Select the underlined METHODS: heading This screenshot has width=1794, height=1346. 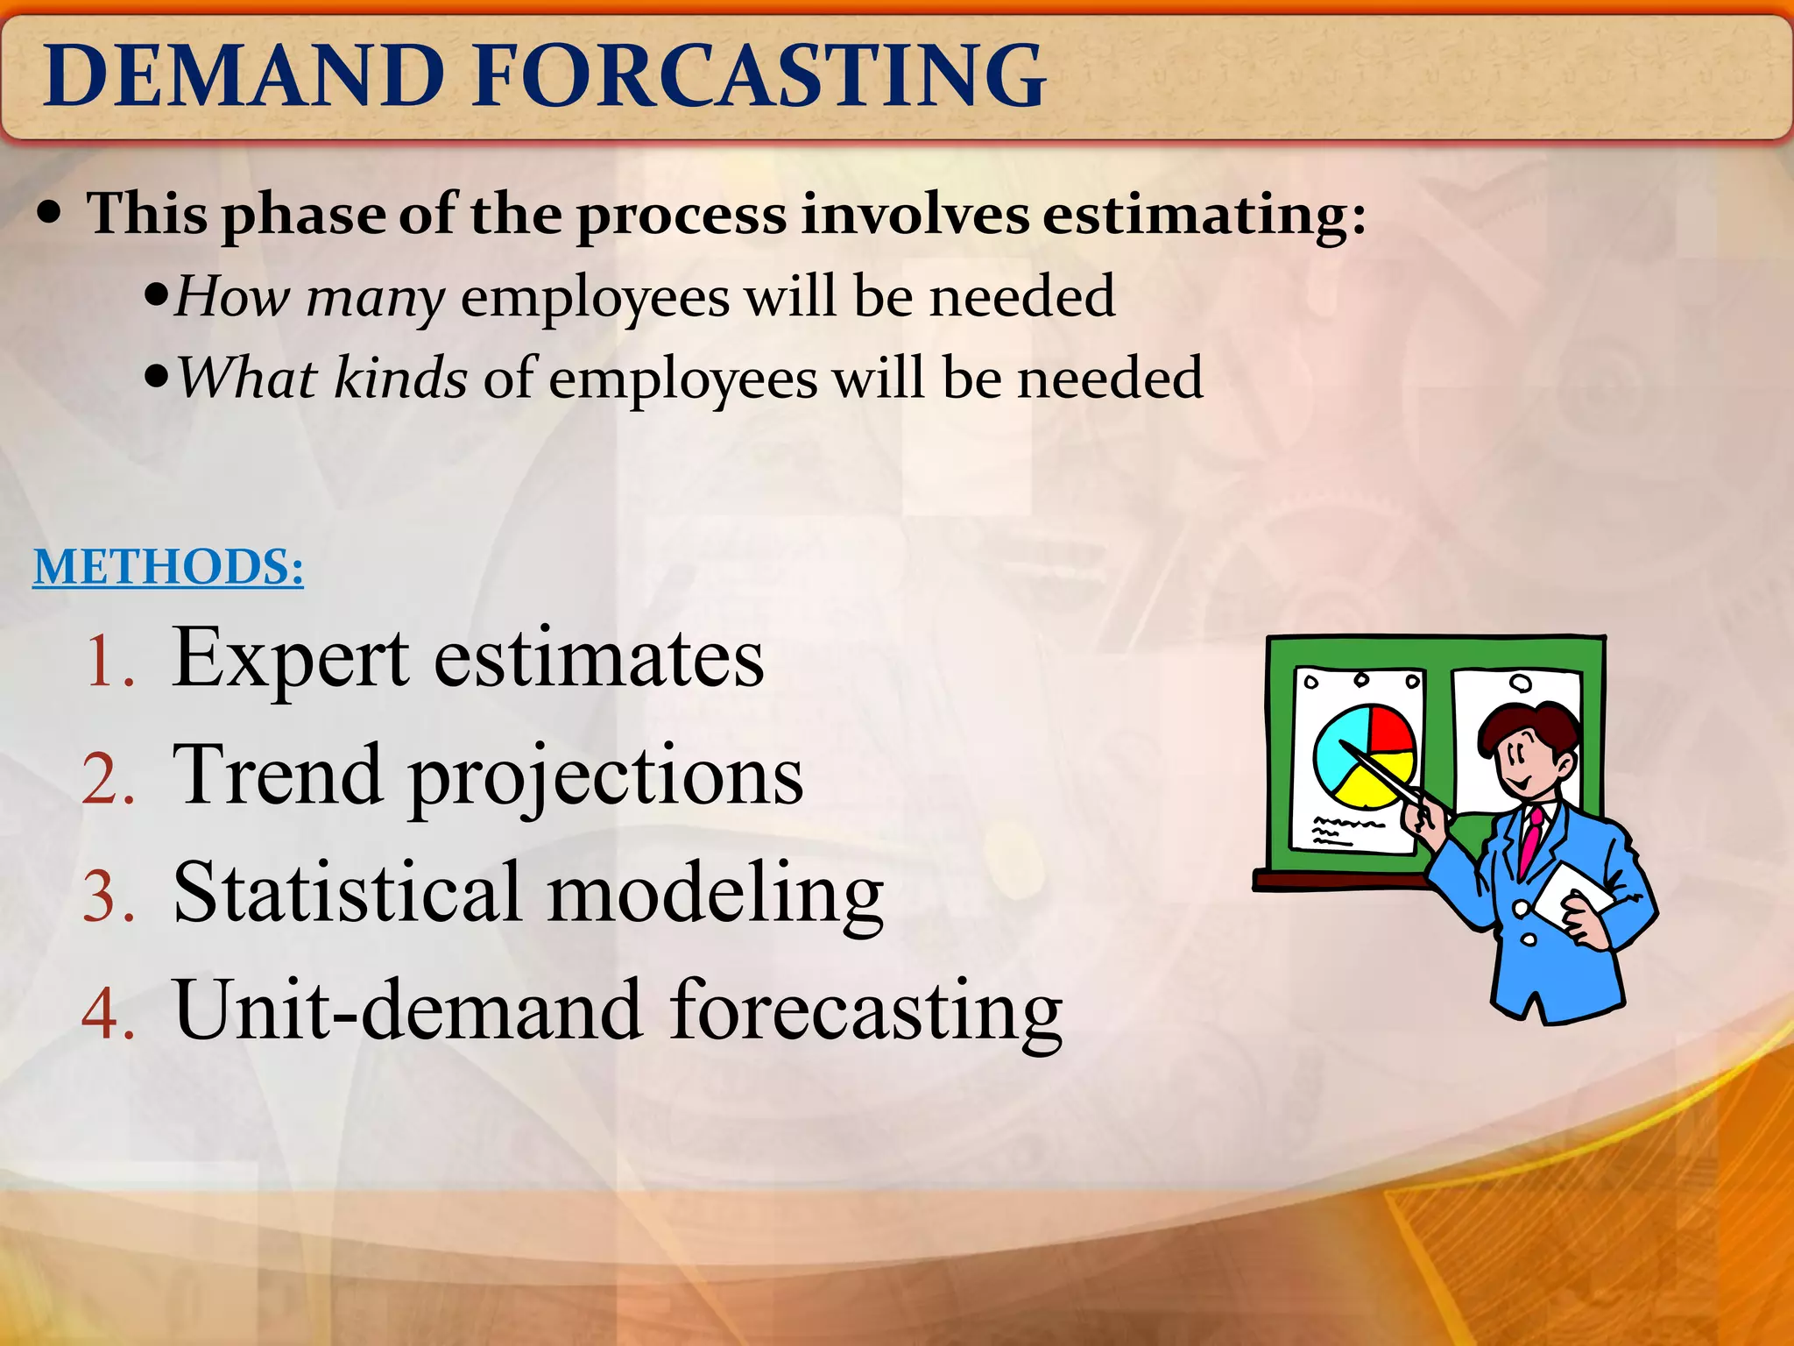[168, 567]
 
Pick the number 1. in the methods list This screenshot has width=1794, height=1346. [109, 662]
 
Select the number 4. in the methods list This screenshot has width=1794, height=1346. [108, 1015]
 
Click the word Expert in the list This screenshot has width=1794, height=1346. [290, 659]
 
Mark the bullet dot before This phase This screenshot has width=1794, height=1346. [50, 213]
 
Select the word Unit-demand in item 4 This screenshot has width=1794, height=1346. [407, 1012]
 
